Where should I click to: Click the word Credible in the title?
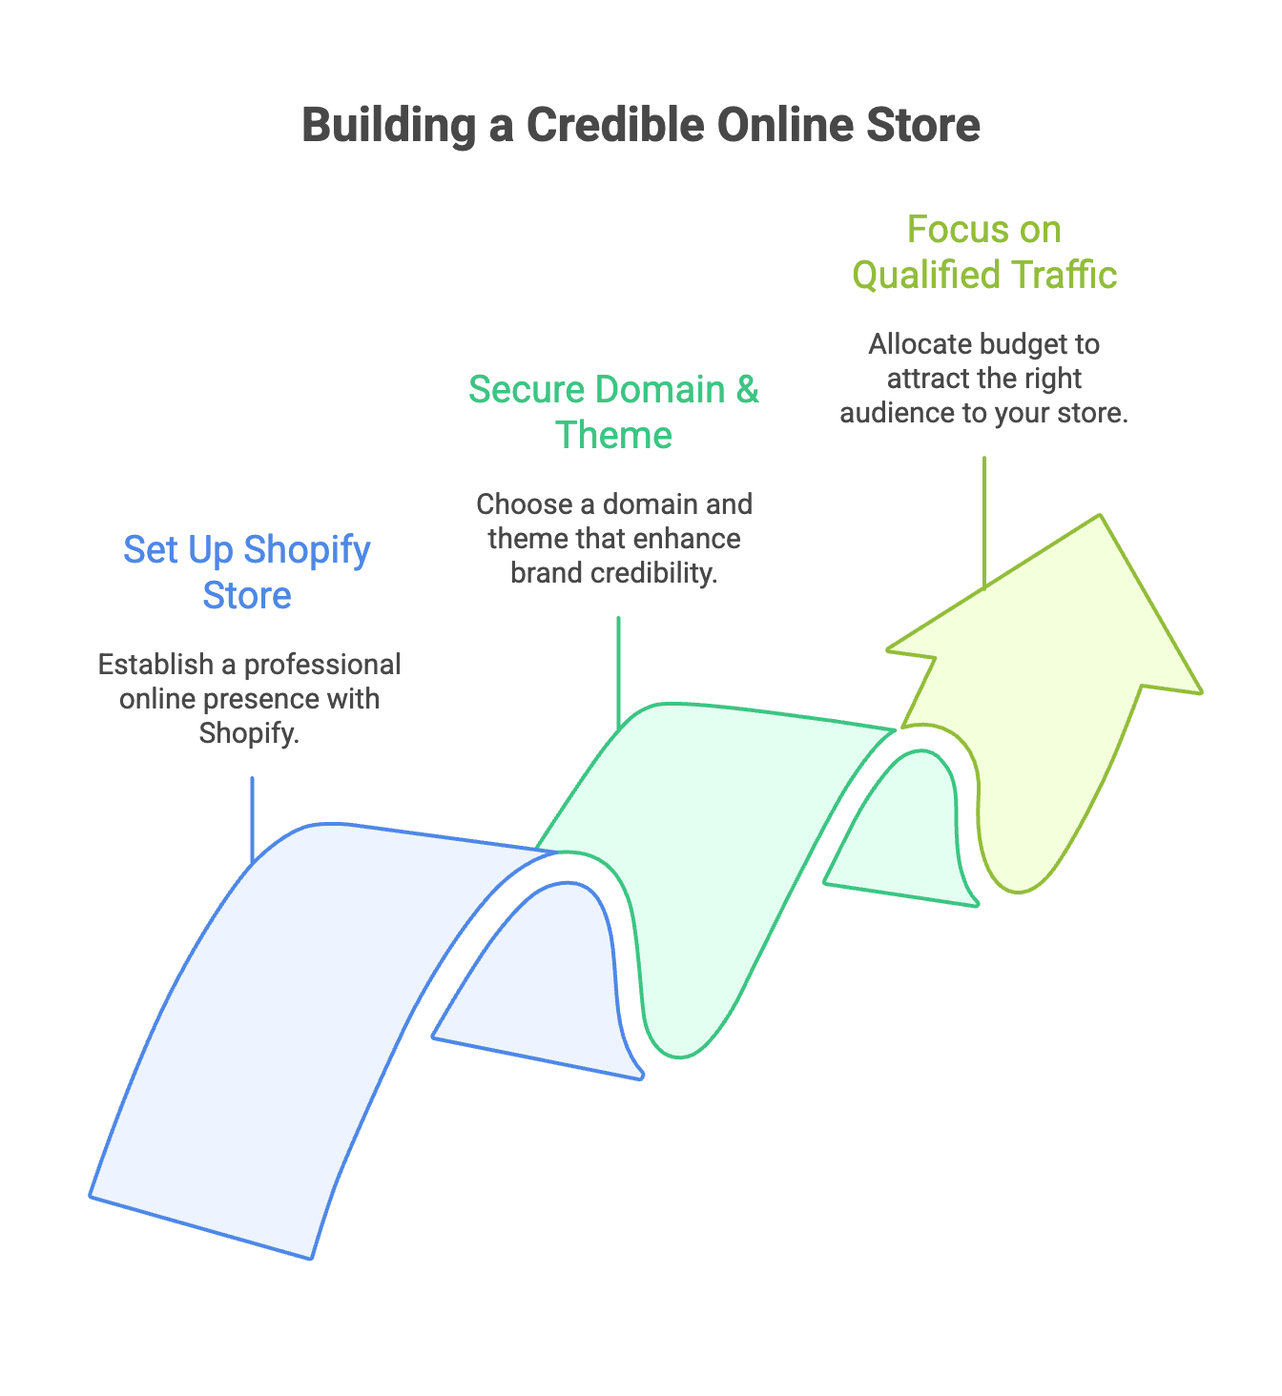[616, 125]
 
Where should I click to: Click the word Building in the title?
[388, 125]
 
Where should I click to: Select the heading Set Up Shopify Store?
[247, 572]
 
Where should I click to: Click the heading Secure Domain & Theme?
[613, 412]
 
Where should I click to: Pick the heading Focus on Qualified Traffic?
[983, 252]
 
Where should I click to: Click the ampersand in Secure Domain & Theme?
[747, 390]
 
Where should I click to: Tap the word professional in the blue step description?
[322, 665]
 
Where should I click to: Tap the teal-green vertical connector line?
[618, 667]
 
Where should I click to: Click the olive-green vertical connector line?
[983, 520]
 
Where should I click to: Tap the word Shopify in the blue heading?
[306, 550]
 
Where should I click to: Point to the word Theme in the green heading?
[613, 436]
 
